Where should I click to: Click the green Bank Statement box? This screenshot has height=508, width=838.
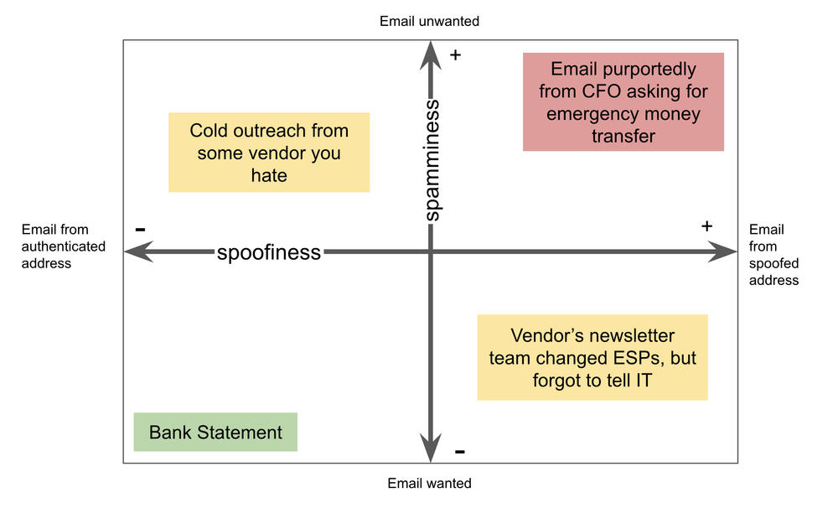[x=215, y=433]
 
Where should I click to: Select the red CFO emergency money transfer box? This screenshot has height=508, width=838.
[x=623, y=102]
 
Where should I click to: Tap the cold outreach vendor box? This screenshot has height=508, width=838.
[x=269, y=153]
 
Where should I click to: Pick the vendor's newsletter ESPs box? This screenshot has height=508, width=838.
[x=592, y=358]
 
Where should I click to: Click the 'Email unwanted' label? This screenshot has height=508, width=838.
[x=429, y=20]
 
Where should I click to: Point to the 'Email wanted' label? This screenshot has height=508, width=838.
[x=429, y=484]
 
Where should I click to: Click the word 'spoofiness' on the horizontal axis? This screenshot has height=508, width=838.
[x=268, y=252]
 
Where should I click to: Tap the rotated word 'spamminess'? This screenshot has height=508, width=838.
[x=431, y=160]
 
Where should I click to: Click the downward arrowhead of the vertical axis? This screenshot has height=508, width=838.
[x=431, y=449]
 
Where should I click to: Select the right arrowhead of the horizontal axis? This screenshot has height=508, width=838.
[x=722, y=251]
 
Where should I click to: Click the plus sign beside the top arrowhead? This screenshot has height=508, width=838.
[x=456, y=55]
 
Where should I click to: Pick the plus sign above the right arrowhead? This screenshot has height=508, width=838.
[x=706, y=225]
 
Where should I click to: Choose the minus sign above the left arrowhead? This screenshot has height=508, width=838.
[x=140, y=229]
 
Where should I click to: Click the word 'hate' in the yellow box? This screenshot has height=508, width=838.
[x=269, y=175]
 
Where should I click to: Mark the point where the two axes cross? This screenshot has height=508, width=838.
[x=431, y=251]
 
